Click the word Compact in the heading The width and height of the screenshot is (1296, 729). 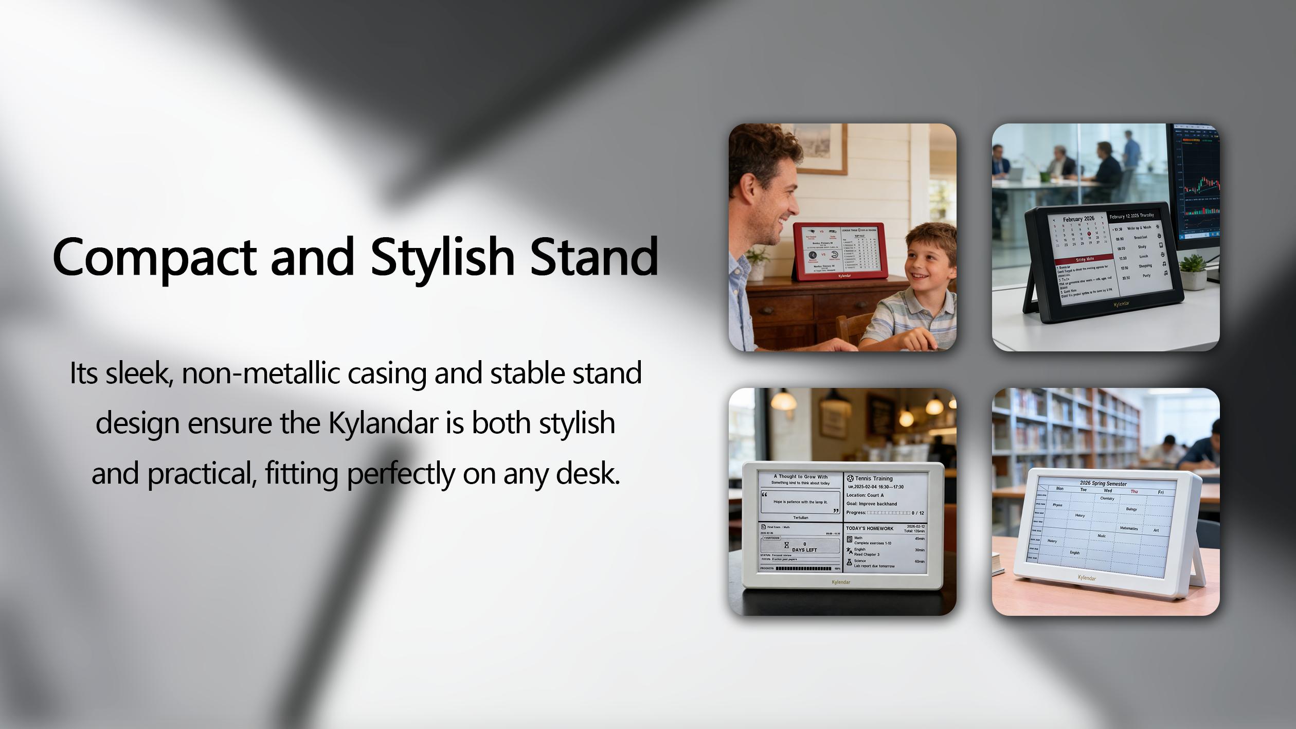tap(154, 257)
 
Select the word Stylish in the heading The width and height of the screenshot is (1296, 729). tap(442, 257)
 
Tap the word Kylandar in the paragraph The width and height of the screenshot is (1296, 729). tap(383, 423)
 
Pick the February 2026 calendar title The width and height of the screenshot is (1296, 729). tap(1078, 219)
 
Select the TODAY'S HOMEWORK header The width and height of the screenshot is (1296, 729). tap(870, 528)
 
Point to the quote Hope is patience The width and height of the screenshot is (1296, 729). tap(801, 502)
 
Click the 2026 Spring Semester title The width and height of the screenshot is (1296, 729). tap(1103, 484)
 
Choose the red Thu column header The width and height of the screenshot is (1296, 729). tap(1133, 491)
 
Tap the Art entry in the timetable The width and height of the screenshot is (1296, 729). tap(1156, 530)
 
